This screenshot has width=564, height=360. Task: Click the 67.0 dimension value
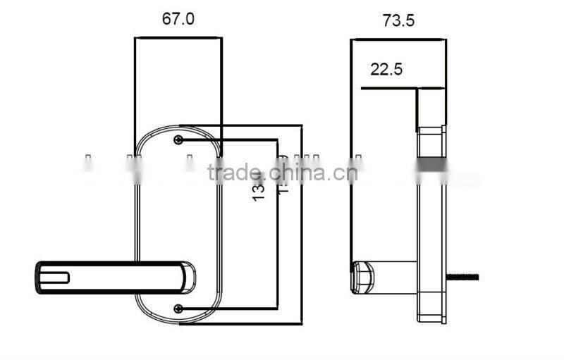(x=178, y=19)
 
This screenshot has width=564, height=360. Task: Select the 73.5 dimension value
(x=398, y=21)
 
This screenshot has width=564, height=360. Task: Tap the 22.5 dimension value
(x=386, y=69)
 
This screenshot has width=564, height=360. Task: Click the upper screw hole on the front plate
(x=178, y=139)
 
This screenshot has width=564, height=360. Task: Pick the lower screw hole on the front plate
(x=178, y=308)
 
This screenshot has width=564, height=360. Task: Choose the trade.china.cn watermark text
(x=282, y=173)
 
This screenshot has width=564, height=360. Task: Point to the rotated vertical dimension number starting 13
(x=259, y=187)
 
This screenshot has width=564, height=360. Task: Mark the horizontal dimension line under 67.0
(x=178, y=37)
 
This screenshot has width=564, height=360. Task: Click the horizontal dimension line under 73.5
(x=398, y=39)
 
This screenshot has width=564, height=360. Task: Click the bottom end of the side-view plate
(x=431, y=320)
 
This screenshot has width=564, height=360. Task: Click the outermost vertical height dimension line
(x=302, y=225)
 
